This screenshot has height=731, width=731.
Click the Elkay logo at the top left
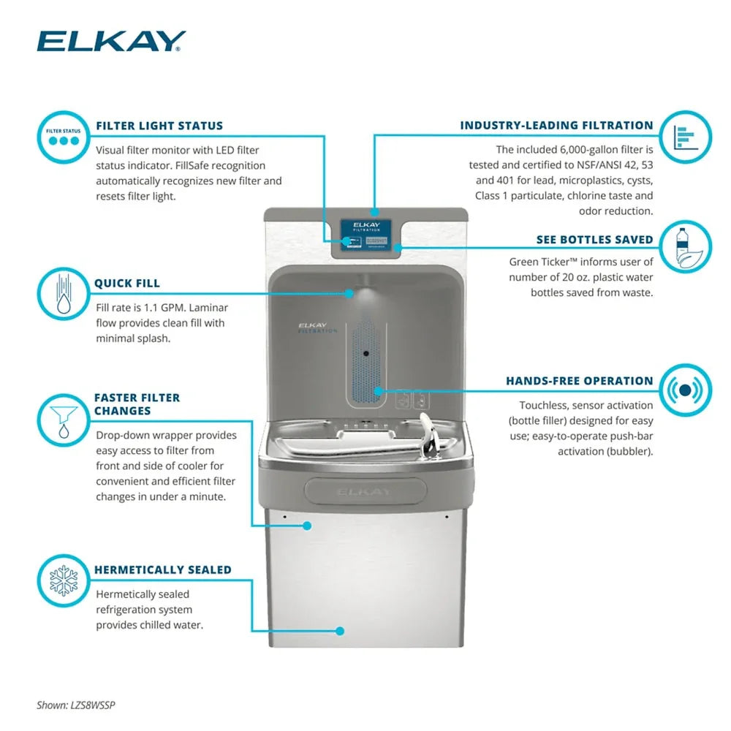pos(111,42)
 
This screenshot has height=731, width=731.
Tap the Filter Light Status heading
pos(159,126)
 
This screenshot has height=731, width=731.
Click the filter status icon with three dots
pos(62,137)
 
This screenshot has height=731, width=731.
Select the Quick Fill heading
pos(126,284)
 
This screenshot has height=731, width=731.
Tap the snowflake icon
pos(62,580)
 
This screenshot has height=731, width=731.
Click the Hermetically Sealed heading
pos(162,569)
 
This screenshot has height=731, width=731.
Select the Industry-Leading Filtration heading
pos(556,126)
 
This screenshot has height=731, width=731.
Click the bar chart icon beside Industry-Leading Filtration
pos(685,137)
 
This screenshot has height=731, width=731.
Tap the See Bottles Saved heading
pos(595,240)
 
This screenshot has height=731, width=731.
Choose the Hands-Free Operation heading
pos(580,381)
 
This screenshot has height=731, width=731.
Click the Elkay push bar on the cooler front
pos(363,491)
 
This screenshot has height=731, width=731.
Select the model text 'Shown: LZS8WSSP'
pos(76,705)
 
